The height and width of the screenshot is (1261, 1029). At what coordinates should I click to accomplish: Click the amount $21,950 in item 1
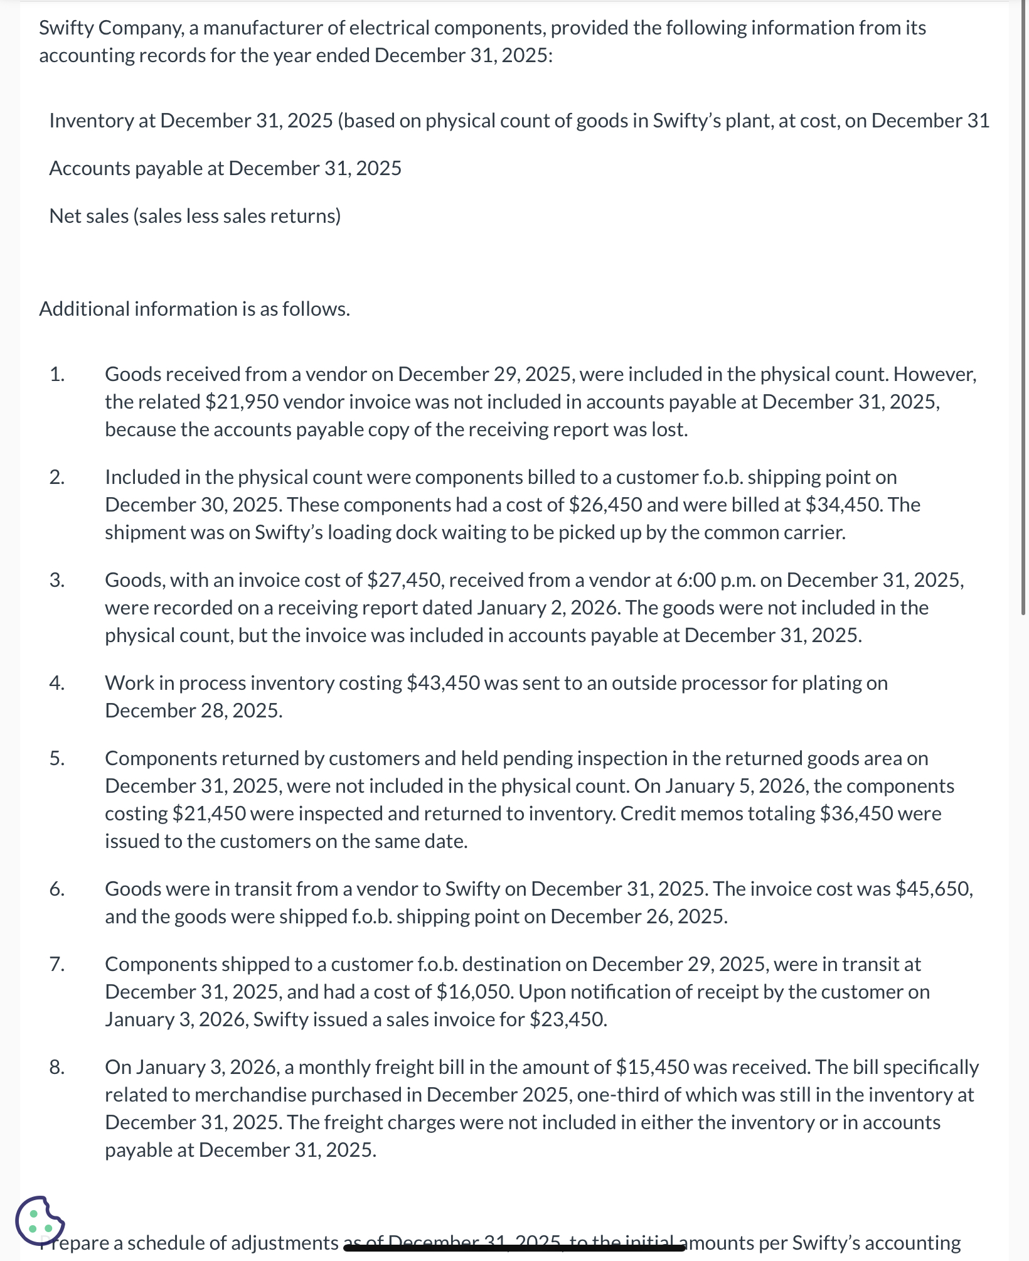pos(242,402)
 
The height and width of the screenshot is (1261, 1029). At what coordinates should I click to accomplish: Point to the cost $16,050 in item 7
pos(475,992)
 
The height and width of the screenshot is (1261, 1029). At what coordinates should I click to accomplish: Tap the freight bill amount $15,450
pos(653,1067)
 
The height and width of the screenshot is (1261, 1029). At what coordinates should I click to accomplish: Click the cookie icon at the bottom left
pos(40,1220)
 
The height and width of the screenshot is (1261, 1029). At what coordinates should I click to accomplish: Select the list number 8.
pos(56,1067)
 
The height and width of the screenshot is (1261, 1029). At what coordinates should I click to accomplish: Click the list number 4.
pos(56,683)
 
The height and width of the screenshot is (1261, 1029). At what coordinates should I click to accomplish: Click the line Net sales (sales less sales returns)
pos(195,216)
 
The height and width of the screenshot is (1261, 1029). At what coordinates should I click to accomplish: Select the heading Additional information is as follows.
pos(195,309)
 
